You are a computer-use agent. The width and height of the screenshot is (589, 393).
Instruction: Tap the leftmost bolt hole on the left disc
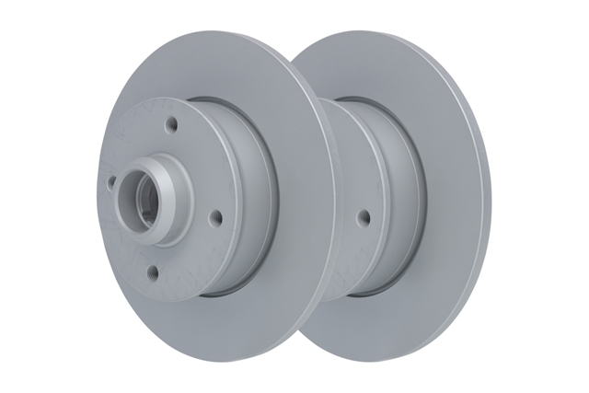(x=111, y=181)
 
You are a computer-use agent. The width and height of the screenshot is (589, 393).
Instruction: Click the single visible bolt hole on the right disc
(x=364, y=217)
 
